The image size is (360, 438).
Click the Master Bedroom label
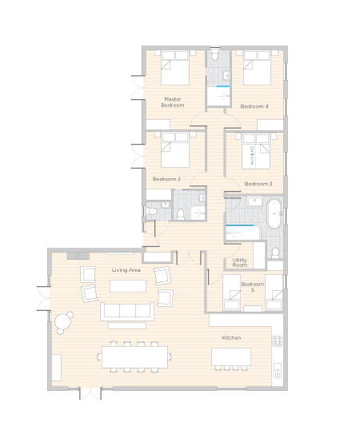pos(173,102)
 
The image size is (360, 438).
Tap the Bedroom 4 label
pos(254,106)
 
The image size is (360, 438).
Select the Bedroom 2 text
pos(166,179)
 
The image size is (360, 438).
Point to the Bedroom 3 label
pos(258,184)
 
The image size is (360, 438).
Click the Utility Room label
pos(240,263)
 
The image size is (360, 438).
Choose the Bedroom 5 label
pos(253,287)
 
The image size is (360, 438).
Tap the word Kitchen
pos(231,338)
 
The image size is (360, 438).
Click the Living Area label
pos(126,270)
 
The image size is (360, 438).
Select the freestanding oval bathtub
pos(274,213)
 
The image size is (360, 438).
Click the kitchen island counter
pos(231,356)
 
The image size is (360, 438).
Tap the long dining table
pos(134,357)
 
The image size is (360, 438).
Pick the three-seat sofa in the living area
pos(127,312)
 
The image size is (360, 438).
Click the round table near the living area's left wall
pos(63,322)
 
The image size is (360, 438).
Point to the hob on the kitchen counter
pos(278,340)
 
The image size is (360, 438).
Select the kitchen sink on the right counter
pos(278,367)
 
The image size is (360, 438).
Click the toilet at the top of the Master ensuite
pos(215,55)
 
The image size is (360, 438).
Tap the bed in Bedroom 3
pos(256,152)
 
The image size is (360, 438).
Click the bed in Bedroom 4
pos(257,68)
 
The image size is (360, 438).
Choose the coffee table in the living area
pos(128,286)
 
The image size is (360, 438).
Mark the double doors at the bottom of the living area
pos(90,393)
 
